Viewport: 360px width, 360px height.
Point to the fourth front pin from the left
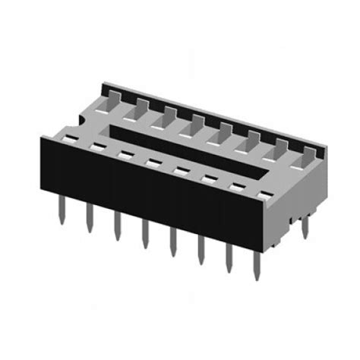[144, 234]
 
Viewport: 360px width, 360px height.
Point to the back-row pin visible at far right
[305, 226]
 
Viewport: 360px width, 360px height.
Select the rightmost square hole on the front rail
[264, 195]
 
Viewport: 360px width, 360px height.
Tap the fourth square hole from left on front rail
[151, 161]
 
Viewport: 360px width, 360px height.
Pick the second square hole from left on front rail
[96, 146]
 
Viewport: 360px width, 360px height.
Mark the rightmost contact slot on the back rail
[308, 155]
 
